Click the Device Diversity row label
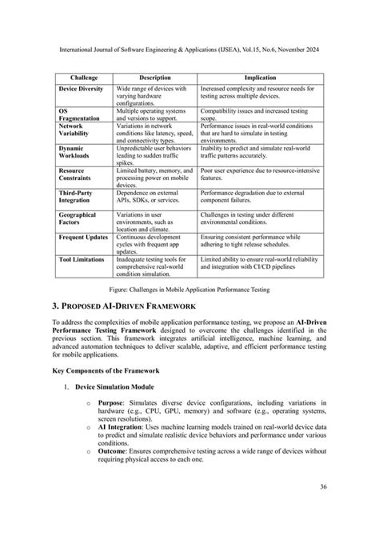(x=81, y=88)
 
